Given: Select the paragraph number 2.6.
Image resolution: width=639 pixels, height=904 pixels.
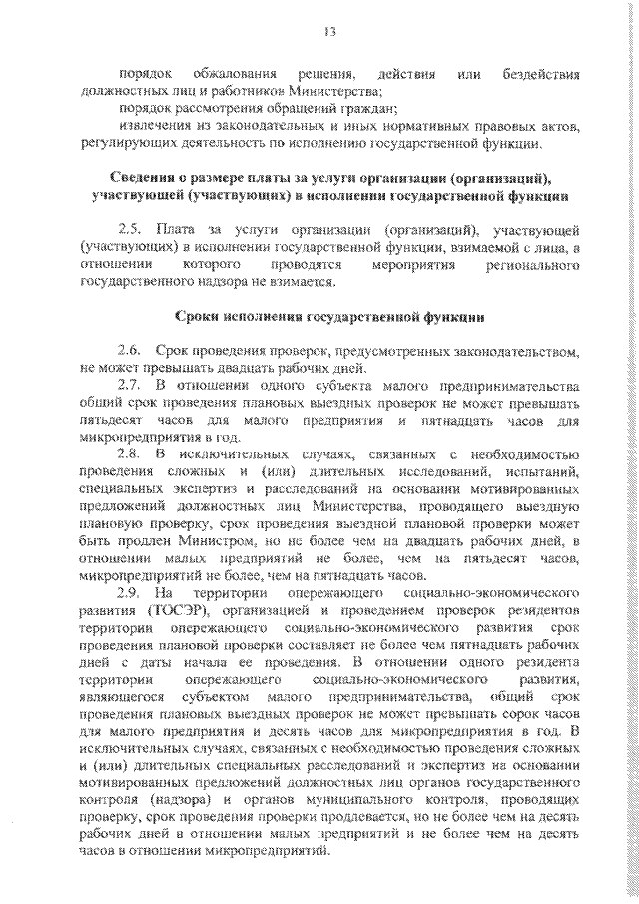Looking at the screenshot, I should pyautogui.click(x=129, y=351).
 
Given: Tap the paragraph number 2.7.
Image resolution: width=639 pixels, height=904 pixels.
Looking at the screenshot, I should pyautogui.click(x=129, y=385).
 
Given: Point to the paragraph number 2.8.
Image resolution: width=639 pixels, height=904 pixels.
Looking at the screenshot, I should pyautogui.click(x=129, y=452).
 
